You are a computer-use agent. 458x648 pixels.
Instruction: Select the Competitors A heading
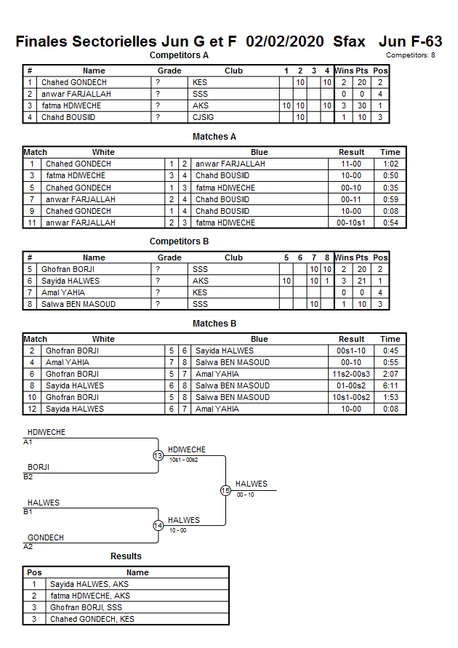[x=179, y=55]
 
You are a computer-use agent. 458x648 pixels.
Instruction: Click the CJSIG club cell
[x=204, y=117]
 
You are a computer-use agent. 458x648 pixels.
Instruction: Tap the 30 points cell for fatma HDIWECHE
[x=361, y=105]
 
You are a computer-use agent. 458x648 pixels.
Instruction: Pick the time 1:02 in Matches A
[x=390, y=164]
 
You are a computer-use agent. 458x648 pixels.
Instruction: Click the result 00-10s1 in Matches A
[x=351, y=223]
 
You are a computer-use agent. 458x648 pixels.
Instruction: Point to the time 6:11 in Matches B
[x=390, y=385]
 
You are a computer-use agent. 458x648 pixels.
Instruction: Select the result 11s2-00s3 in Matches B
[x=351, y=374]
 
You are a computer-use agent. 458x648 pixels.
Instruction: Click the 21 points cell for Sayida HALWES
[x=361, y=281]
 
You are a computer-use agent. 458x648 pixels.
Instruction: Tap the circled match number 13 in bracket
[x=158, y=456]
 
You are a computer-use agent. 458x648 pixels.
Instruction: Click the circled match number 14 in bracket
[x=158, y=526]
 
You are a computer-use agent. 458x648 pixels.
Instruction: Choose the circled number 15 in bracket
[x=225, y=491]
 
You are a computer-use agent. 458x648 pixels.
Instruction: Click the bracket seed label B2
[x=28, y=476]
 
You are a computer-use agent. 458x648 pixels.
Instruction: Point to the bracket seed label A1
[x=28, y=441]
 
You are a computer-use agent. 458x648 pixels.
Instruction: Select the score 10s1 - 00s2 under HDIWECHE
[x=183, y=460]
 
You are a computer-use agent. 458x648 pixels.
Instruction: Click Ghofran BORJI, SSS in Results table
[x=86, y=607]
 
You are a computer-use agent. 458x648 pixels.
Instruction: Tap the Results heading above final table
[x=126, y=556]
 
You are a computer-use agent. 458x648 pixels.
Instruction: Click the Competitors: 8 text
[x=411, y=55]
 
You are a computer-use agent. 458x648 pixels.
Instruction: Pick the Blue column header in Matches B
[x=259, y=339]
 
